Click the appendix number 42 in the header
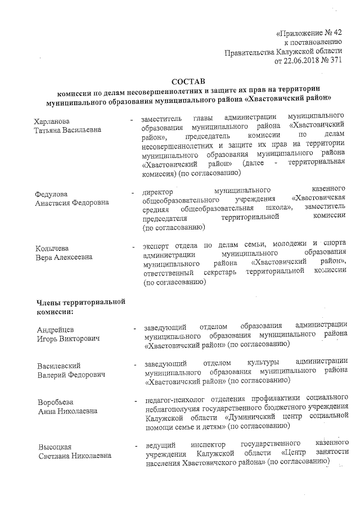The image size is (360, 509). point(336,33)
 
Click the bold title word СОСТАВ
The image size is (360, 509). point(188,82)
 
